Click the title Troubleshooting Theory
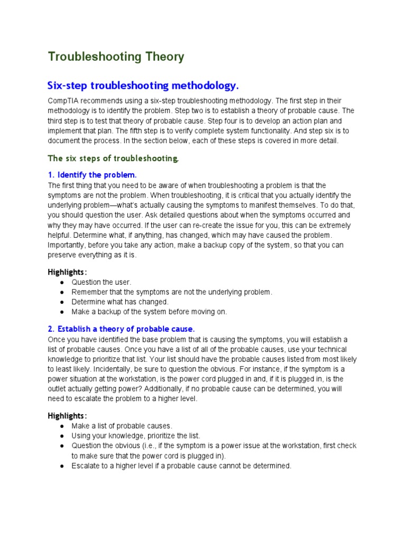click(116, 57)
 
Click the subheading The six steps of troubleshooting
click(113, 158)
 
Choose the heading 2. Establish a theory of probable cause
click(121, 328)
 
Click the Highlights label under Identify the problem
click(67, 272)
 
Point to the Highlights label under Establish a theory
click(67, 415)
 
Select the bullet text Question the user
click(101, 282)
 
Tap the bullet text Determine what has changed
click(120, 302)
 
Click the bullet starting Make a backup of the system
click(149, 312)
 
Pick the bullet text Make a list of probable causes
click(122, 426)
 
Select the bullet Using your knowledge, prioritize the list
click(136, 436)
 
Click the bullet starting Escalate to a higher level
click(181, 466)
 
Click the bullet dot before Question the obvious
click(62, 446)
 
